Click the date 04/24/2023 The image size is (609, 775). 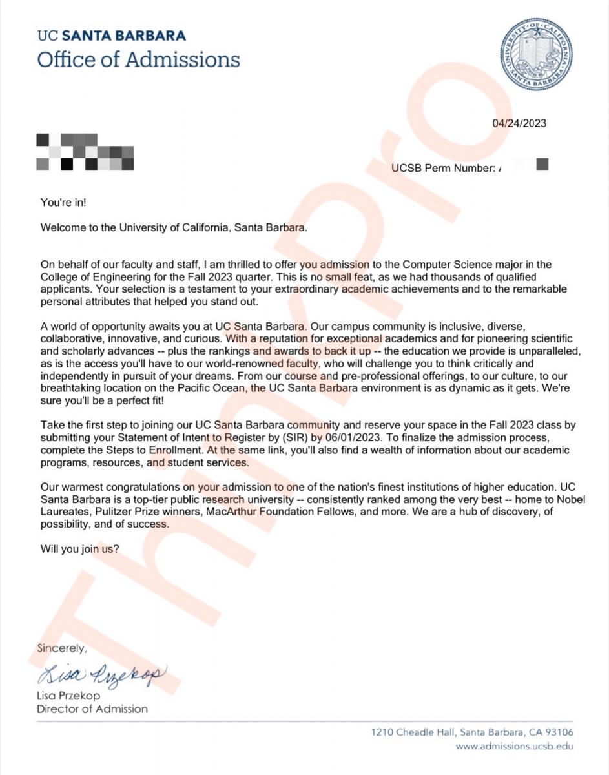[x=519, y=123]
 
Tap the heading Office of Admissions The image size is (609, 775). [x=138, y=59]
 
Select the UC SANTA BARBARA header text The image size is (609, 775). [x=111, y=36]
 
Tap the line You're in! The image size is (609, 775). [x=63, y=203]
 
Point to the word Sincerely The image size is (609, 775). [x=61, y=646]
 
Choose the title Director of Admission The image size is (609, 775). [x=92, y=708]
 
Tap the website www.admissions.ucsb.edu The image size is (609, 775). [x=514, y=746]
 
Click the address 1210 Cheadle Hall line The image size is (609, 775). [x=472, y=732]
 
